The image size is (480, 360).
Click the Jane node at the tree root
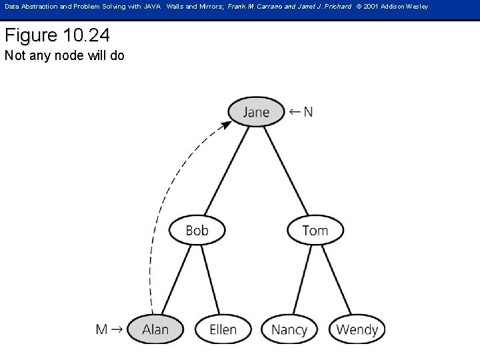point(256,112)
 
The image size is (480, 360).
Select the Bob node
point(197,231)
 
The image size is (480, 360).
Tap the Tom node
point(315,231)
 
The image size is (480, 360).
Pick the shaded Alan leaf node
point(155,329)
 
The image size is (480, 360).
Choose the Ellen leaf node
point(223,329)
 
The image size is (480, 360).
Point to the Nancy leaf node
point(289,329)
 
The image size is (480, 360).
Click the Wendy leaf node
point(357,329)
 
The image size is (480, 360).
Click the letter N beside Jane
point(307,112)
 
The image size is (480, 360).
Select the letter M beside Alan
point(102,329)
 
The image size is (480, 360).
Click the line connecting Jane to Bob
point(227,170)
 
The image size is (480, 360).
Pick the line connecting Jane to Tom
point(287,170)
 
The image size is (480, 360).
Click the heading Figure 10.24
point(57,35)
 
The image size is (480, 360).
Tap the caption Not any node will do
point(64,56)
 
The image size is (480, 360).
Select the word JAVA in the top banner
point(153,7)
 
